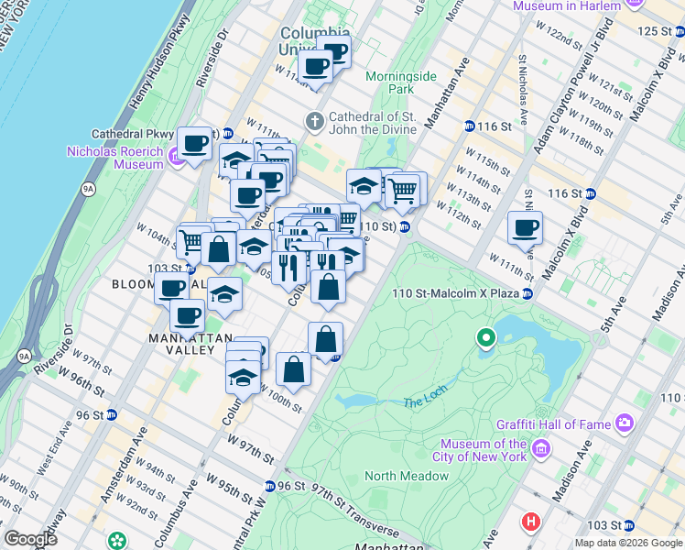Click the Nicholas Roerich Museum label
(x=114, y=158)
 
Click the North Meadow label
(x=407, y=476)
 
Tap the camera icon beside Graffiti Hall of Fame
(x=625, y=423)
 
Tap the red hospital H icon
(x=529, y=522)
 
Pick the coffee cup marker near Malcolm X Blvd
(x=525, y=228)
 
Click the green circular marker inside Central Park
(x=486, y=339)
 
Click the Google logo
(x=31, y=538)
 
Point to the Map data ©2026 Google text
(x=627, y=543)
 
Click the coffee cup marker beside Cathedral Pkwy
(x=194, y=143)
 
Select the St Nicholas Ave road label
(x=522, y=91)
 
